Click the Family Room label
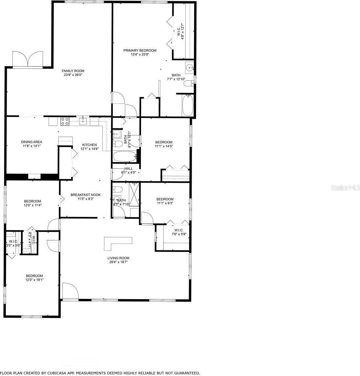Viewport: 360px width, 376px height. click(x=74, y=71)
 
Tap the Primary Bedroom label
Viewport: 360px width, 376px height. click(x=140, y=50)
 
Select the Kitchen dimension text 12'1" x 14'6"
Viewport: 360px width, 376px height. click(x=89, y=149)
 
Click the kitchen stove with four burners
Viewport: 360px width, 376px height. click(x=65, y=121)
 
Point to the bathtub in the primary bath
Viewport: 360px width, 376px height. click(x=187, y=105)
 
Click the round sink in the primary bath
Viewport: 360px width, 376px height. click(x=189, y=68)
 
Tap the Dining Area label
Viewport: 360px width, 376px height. click(x=31, y=142)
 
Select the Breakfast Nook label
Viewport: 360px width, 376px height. click(x=85, y=195)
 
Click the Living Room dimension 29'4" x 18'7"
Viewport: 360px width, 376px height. click(x=118, y=262)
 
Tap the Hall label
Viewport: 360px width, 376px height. click(x=128, y=169)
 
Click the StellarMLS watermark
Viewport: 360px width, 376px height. click(x=345, y=188)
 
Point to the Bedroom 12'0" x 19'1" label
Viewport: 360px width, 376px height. click(x=34, y=276)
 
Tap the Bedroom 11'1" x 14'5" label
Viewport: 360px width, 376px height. click(x=163, y=142)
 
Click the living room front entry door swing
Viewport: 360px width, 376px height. click(x=70, y=291)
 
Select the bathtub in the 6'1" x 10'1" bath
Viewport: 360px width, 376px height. click(x=124, y=157)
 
